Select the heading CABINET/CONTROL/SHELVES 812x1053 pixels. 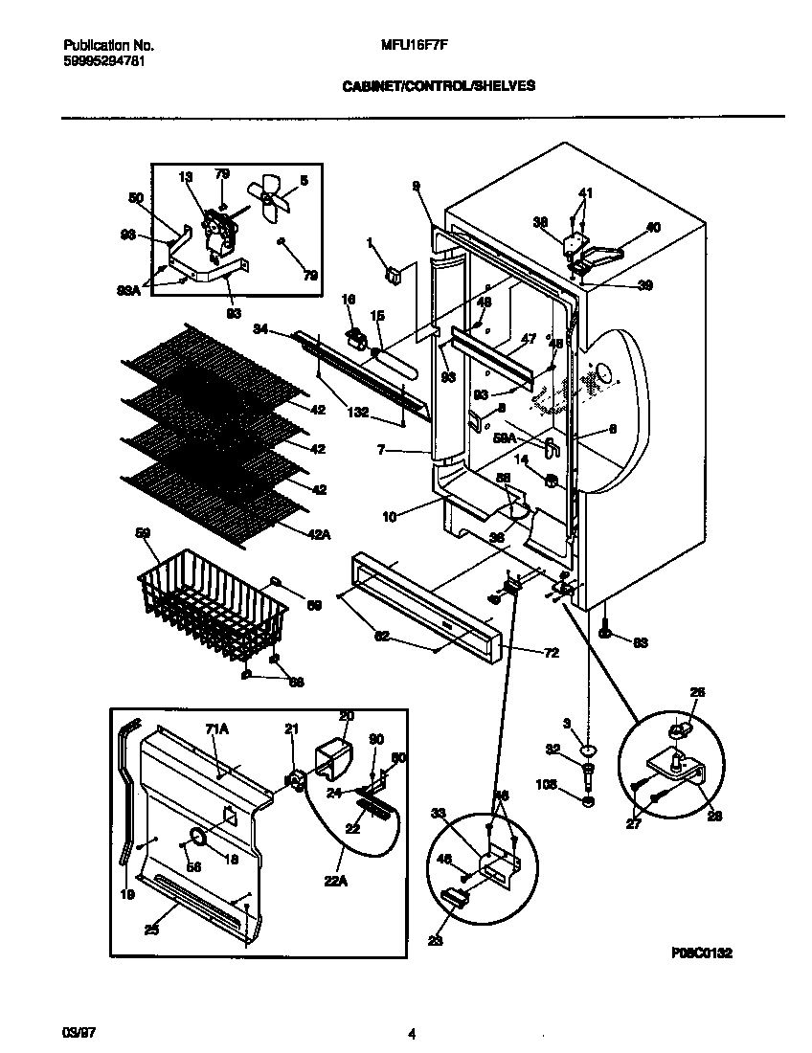tap(439, 85)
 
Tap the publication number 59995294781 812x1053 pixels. tap(105, 59)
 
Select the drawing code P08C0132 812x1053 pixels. tap(702, 953)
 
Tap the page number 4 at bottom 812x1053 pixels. tap(412, 1034)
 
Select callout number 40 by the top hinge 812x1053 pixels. tap(653, 227)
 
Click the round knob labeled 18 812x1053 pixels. tap(197, 839)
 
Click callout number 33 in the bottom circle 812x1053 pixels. tap(438, 814)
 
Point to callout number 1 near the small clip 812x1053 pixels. tap(370, 243)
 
